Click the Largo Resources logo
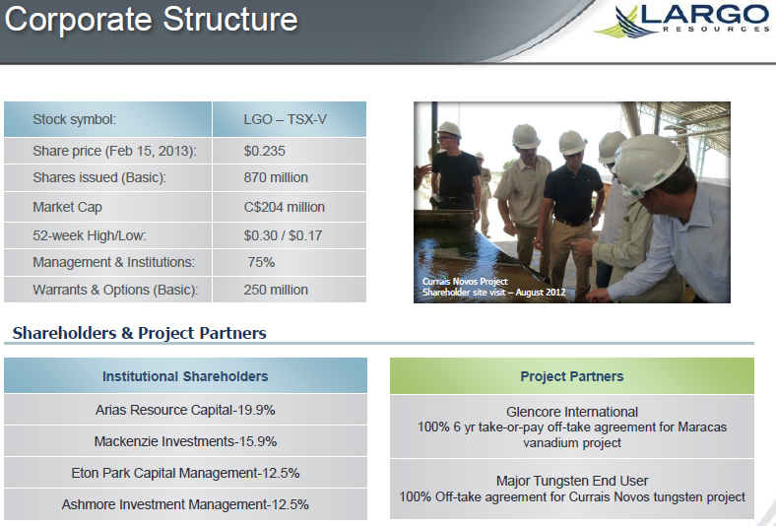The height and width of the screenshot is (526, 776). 682,21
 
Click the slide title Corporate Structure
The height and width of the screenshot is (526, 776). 151,20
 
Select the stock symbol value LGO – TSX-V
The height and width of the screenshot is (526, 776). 285,120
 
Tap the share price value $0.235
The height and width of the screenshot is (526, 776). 264,151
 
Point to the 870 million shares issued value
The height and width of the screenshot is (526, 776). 276,177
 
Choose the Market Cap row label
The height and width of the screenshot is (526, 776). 67,207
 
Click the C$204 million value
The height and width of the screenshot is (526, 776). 284,207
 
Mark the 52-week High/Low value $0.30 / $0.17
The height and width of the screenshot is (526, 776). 283,235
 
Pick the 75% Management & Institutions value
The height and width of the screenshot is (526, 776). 261,262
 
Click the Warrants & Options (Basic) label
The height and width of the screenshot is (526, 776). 115,290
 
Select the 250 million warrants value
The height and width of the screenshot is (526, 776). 276,290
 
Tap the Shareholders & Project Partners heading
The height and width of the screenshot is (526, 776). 140,333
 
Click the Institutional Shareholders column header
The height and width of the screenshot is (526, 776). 185,376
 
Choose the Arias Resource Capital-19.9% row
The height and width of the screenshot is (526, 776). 185,410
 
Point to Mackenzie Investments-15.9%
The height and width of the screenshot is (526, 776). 185,441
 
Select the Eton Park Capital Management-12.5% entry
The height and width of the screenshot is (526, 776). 185,473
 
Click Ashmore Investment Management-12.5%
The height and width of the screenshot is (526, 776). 185,504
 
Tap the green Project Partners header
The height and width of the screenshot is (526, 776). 571,376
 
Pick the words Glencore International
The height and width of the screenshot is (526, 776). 571,412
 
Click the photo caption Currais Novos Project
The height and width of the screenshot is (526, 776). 465,282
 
